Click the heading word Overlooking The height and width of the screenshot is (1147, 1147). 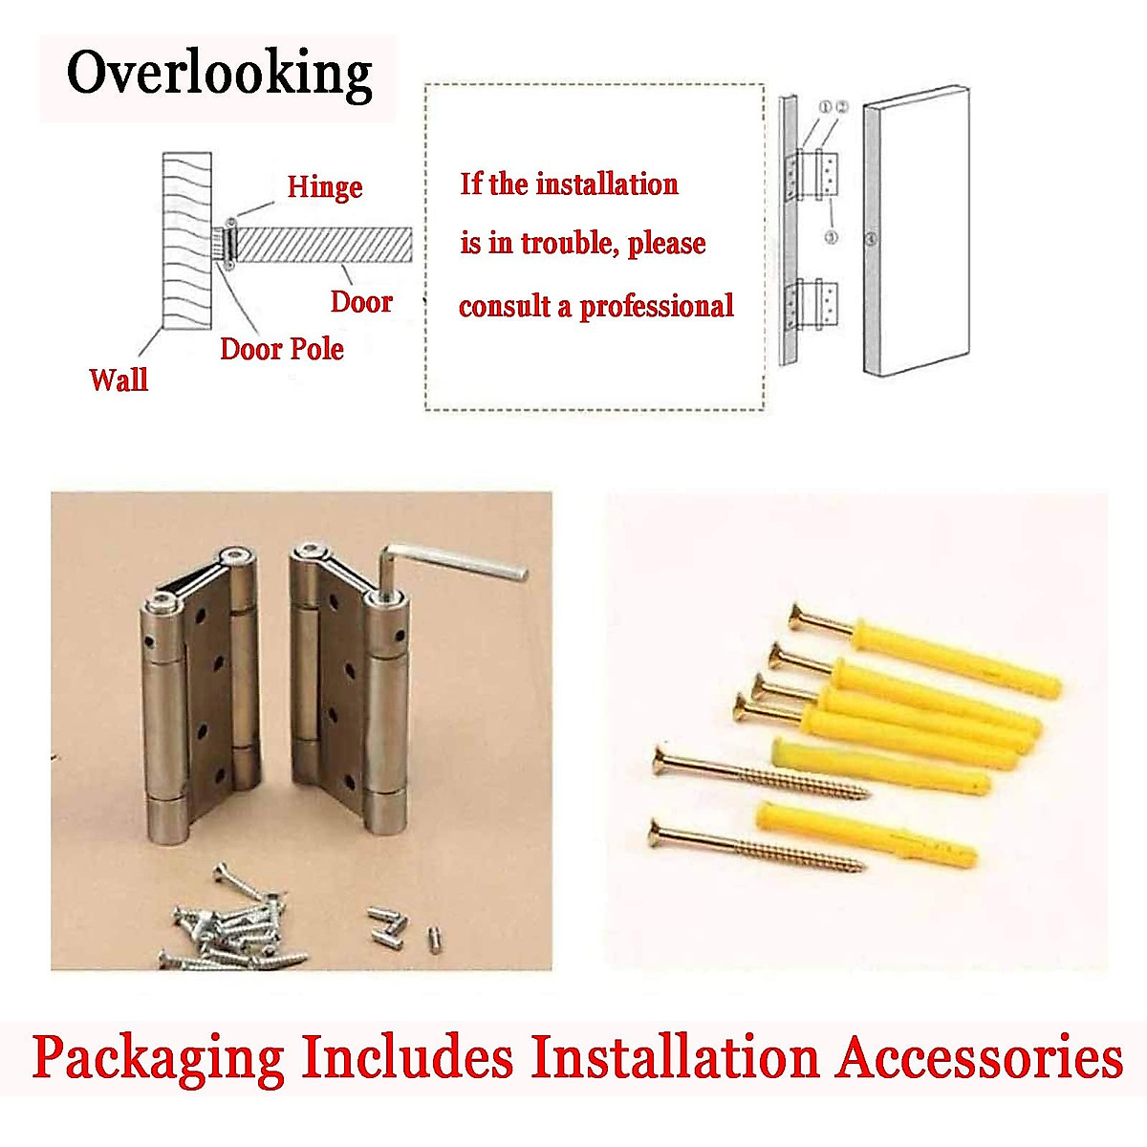(x=219, y=75)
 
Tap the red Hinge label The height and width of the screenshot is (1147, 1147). (x=325, y=186)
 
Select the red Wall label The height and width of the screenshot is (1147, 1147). (x=119, y=379)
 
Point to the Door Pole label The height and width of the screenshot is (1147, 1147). (x=282, y=348)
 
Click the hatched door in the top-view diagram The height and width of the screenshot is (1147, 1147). (x=324, y=244)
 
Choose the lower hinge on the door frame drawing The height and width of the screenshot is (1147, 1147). (x=812, y=306)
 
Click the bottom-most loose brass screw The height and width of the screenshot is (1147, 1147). (x=755, y=845)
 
